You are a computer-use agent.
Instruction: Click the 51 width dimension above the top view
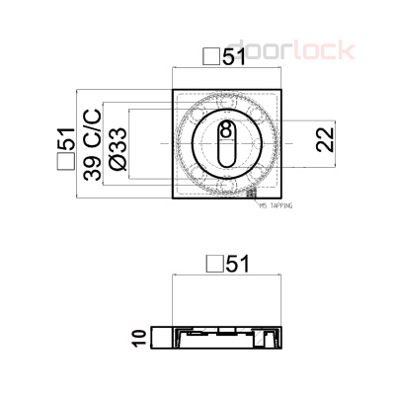click(x=233, y=57)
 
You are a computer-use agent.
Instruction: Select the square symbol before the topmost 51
click(x=209, y=57)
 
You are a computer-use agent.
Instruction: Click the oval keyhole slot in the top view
click(x=227, y=146)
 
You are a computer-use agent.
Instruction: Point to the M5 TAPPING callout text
click(x=275, y=207)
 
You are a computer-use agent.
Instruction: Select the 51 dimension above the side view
click(x=234, y=264)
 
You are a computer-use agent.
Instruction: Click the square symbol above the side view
click(x=211, y=264)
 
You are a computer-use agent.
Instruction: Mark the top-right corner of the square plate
click(x=283, y=91)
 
